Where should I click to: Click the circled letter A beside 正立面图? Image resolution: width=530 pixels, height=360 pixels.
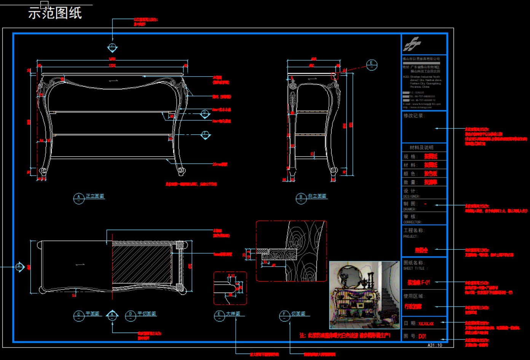click(78, 198)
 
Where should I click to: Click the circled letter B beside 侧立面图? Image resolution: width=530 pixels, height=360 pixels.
click(301, 198)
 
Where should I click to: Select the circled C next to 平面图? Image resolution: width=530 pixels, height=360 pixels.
click(78, 315)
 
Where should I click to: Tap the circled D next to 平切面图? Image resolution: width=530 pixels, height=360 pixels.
click(130, 315)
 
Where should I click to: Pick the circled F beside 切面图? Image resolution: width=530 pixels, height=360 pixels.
click(284, 315)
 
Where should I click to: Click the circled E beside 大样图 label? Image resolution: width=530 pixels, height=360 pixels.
click(219, 315)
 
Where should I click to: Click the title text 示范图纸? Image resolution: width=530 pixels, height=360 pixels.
click(55, 13)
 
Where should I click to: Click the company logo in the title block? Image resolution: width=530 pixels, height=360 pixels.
click(412, 44)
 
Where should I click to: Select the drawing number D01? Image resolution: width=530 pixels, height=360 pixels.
click(422, 336)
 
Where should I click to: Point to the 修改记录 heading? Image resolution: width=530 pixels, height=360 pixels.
click(414, 116)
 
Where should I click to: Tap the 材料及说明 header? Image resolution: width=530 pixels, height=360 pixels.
click(421, 147)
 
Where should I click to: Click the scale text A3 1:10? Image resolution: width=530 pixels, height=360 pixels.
click(435, 345)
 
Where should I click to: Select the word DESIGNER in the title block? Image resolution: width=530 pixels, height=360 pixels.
click(412, 197)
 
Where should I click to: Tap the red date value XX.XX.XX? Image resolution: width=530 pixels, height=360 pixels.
click(426, 324)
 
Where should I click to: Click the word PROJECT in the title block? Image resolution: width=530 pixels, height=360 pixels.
click(411, 237)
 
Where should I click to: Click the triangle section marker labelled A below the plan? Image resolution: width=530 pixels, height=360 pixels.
click(112, 315)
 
